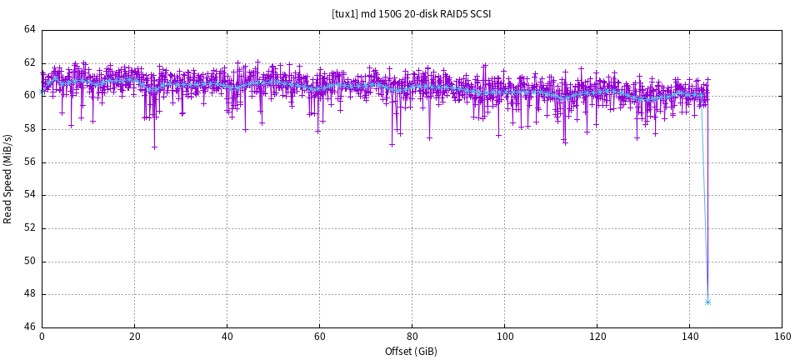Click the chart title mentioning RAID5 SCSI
point(411,13)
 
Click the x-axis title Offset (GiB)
point(411,352)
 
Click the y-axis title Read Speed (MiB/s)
point(8,178)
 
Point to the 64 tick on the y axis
point(30,30)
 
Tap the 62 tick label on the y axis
point(30,62)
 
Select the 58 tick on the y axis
point(30,129)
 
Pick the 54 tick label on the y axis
point(30,195)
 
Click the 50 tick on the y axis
point(30,261)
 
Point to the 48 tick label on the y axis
point(30,294)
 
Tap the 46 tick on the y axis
point(30,327)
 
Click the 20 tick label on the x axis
point(134,337)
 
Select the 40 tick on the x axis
point(227,337)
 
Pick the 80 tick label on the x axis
point(412,337)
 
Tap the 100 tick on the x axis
point(504,337)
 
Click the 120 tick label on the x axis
point(597,337)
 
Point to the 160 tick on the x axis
point(782,337)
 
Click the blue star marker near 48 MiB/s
point(707,302)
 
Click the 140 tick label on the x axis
point(689,337)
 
